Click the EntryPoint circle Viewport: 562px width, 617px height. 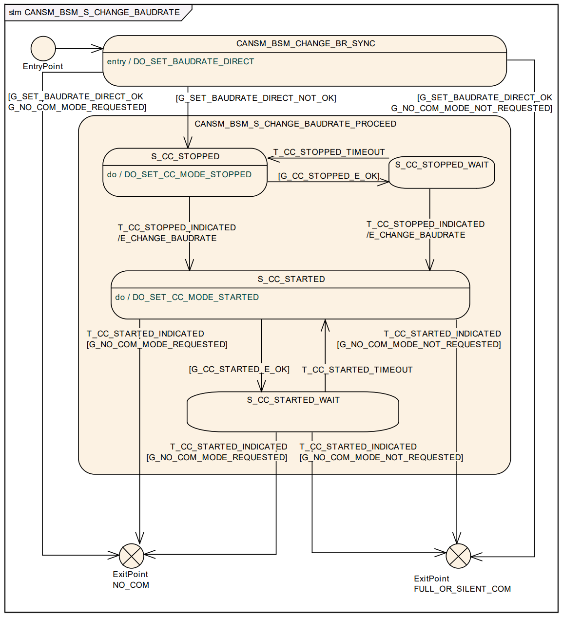tap(43, 49)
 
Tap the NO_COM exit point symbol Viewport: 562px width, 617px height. tap(132, 556)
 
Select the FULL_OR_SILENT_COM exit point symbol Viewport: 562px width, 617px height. tap(458, 556)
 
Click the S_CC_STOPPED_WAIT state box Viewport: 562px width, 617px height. tap(442, 172)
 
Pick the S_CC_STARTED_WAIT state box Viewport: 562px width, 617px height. tap(293, 412)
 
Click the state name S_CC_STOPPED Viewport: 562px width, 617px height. tap(185, 156)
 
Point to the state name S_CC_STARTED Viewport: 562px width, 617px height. tap(291, 279)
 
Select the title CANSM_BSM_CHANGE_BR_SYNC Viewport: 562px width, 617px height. tap(306, 43)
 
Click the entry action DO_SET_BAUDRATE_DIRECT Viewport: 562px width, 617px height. tap(194, 61)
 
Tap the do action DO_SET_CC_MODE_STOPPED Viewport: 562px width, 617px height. tap(188, 174)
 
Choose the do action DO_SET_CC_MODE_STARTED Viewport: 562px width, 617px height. tap(195, 297)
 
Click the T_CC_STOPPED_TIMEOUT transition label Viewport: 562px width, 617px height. tap(329, 152)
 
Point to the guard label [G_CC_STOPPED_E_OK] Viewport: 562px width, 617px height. tap(329, 176)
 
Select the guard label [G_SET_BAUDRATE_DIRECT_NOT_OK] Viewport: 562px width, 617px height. tap(256, 98)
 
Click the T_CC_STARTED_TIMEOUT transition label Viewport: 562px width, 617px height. tap(357, 370)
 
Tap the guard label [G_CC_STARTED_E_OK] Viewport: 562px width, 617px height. tap(239, 369)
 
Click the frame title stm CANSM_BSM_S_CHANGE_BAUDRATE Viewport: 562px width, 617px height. tap(94, 12)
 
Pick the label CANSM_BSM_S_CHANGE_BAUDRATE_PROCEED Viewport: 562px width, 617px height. tap(295, 124)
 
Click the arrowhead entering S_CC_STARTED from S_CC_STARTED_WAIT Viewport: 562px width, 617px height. tap(325, 324)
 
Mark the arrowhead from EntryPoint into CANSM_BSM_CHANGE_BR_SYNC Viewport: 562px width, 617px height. tap(98, 49)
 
